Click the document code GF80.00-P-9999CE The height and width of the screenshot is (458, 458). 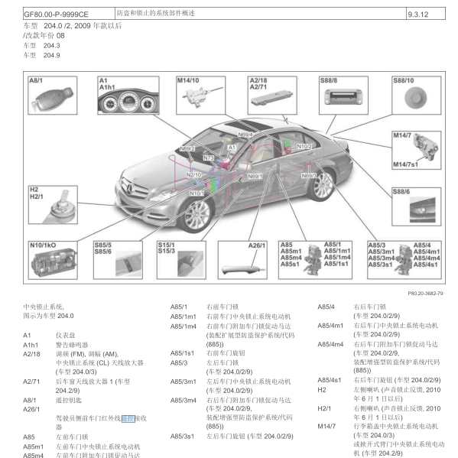[x=56, y=14]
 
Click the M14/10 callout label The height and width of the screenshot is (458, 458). [x=187, y=80]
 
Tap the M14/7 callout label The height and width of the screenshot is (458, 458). [x=402, y=135]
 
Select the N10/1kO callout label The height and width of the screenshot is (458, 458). [x=42, y=245]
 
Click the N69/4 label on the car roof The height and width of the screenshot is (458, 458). [x=245, y=135]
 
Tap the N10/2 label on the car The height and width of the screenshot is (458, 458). [x=304, y=145]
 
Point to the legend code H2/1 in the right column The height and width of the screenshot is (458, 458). [x=324, y=408]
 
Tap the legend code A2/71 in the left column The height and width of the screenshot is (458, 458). [x=31, y=381]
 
